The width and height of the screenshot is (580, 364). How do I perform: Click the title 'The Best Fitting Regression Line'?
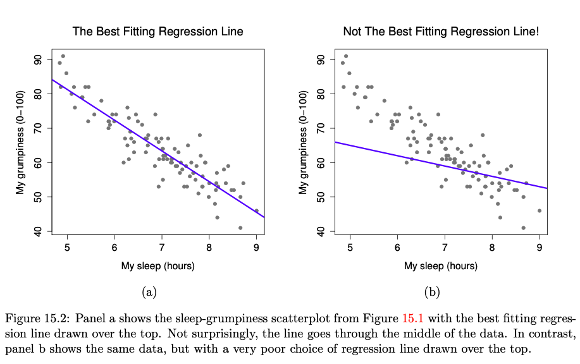point(157,31)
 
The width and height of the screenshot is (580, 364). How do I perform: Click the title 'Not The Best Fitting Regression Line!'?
point(440,31)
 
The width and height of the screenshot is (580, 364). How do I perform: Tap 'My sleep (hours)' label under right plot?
point(440,265)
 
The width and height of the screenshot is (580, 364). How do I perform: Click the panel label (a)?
point(149,292)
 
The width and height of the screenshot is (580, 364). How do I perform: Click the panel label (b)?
point(432,292)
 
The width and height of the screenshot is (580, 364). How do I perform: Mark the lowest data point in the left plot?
point(240,227)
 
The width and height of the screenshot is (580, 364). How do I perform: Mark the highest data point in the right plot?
point(345,56)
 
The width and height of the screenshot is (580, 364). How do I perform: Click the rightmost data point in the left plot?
point(256,211)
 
